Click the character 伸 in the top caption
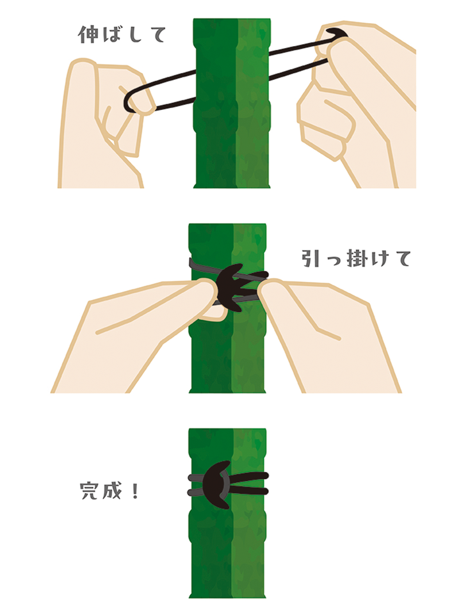click(x=88, y=35)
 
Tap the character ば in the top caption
click(x=111, y=35)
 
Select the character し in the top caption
click(x=134, y=35)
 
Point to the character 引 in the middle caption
click(x=311, y=258)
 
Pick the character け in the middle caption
click(x=378, y=258)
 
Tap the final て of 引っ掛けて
click(x=401, y=259)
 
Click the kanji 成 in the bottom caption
click(x=112, y=491)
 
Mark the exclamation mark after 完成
click(x=135, y=491)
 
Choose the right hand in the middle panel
click(x=325, y=333)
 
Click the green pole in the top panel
click(x=232, y=103)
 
